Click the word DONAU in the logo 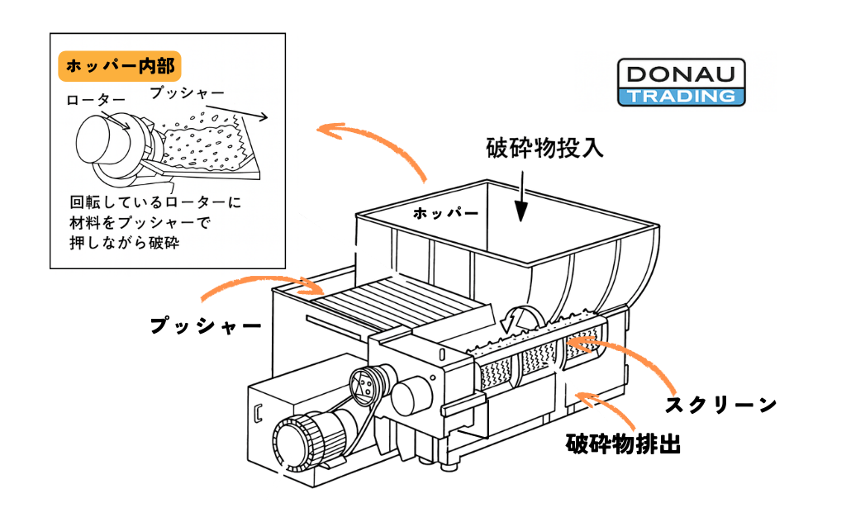pyautogui.click(x=681, y=74)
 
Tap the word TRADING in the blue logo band pyautogui.click(x=681, y=97)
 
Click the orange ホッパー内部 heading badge pyautogui.click(x=119, y=66)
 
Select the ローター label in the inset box pyautogui.click(x=96, y=100)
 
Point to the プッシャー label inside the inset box pyautogui.click(x=188, y=93)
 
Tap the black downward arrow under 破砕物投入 pyautogui.click(x=520, y=197)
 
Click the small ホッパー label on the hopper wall pyautogui.click(x=445, y=214)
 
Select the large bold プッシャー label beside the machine pyautogui.click(x=206, y=325)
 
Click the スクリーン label pyautogui.click(x=720, y=405)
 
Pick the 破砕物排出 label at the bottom pyautogui.click(x=623, y=444)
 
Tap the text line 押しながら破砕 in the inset pyautogui.click(x=124, y=243)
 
